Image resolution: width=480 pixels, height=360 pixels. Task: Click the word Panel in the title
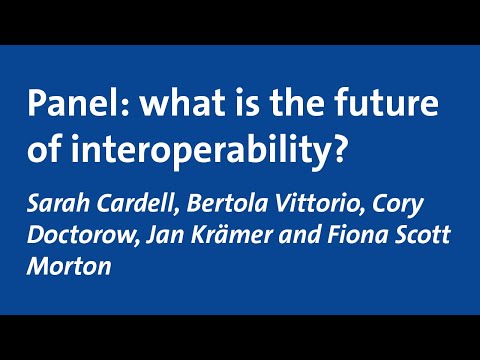(x=64, y=103)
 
